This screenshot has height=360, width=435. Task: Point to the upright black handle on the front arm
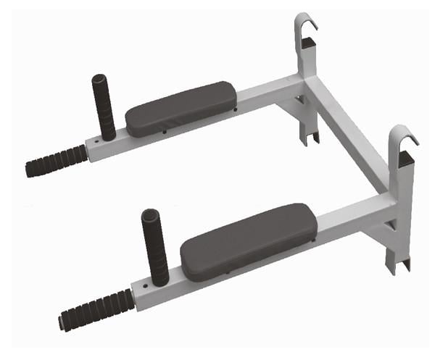(156, 249)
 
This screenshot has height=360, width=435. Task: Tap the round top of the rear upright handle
(99, 79)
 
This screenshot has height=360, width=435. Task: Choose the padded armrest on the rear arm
(180, 109)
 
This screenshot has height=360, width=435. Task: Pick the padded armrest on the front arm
(249, 241)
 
